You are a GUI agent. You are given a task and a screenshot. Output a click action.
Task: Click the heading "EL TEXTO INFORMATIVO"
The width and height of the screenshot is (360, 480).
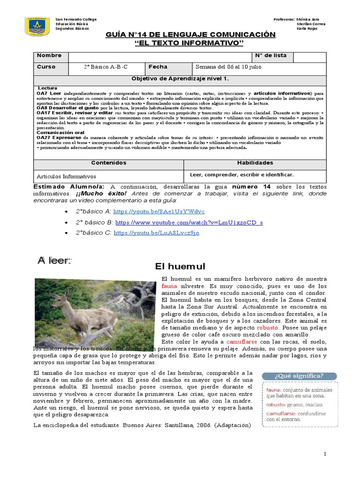[x=190, y=43]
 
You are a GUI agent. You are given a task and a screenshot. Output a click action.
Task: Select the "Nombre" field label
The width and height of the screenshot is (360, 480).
[x=49, y=55]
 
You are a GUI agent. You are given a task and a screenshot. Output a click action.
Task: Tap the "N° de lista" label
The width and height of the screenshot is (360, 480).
[x=270, y=55]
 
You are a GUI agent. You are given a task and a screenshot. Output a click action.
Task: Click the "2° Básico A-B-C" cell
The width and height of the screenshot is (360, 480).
[x=105, y=67]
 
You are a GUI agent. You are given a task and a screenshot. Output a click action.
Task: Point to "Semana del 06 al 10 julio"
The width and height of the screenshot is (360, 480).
[x=229, y=67]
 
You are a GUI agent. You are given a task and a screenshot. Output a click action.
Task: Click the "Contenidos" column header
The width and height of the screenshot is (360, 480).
[x=108, y=163]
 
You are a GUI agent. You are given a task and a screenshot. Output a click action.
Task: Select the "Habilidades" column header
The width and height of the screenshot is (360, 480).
[x=255, y=163]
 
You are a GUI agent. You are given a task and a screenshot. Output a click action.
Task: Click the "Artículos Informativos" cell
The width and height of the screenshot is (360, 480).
[x=66, y=177]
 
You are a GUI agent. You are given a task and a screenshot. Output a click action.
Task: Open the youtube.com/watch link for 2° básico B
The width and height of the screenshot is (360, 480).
[x=189, y=222]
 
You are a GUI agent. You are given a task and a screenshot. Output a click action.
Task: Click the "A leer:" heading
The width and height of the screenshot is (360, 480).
[x=55, y=261]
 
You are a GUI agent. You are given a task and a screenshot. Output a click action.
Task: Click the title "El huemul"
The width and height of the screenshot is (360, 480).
[x=180, y=266]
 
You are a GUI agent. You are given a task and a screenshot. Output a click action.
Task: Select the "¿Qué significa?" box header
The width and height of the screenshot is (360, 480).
[x=299, y=376]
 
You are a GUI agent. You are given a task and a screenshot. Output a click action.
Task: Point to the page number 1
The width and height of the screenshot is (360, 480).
[x=324, y=455]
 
